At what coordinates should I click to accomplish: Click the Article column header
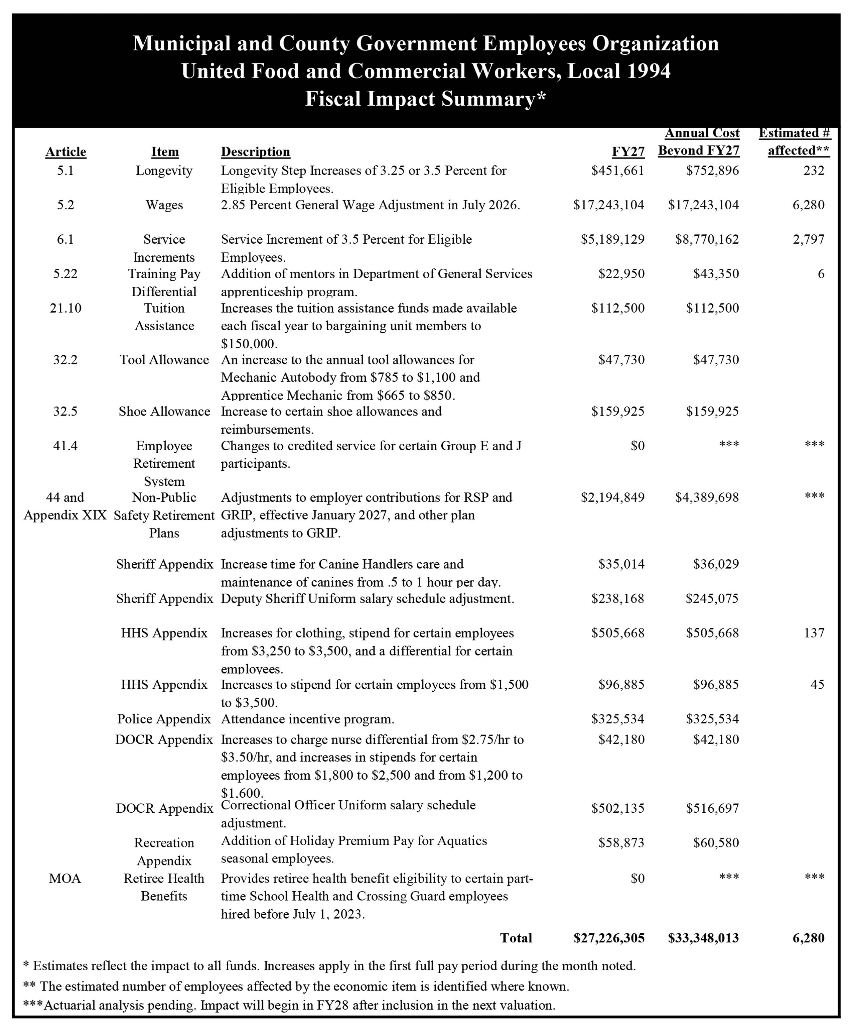point(66,152)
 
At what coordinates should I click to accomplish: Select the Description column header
point(255,152)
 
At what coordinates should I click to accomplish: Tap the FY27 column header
point(628,152)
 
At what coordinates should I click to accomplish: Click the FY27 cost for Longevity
point(617,170)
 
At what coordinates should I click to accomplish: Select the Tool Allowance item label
point(164,360)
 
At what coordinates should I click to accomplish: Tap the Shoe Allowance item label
point(164,412)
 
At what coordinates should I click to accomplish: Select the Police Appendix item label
point(164,719)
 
